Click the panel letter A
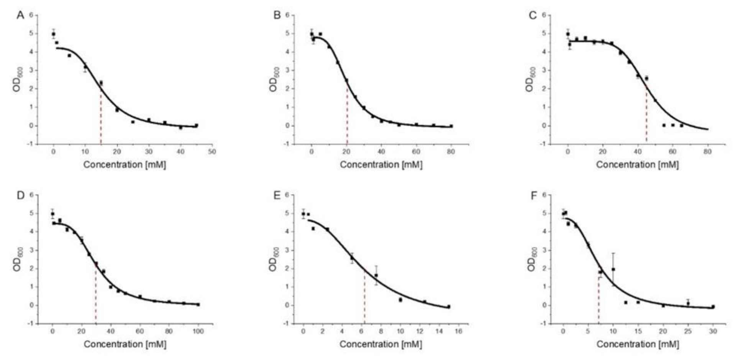(x=20, y=16)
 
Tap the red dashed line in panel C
(x=646, y=115)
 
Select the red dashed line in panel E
(x=364, y=295)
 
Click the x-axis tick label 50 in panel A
(x=212, y=152)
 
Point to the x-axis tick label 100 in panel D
(x=198, y=331)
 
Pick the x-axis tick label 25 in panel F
(x=688, y=331)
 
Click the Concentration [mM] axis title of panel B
(x=381, y=165)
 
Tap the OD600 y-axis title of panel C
(x=530, y=79)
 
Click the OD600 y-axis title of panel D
(x=17, y=259)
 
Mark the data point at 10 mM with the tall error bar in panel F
(x=613, y=270)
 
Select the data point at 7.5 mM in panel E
(x=376, y=275)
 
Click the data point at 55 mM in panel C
(x=664, y=125)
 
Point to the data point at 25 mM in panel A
(x=133, y=122)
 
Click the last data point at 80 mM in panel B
(x=451, y=126)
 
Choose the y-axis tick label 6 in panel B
(x=292, y=15)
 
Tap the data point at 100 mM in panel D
(x=198, y=304)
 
